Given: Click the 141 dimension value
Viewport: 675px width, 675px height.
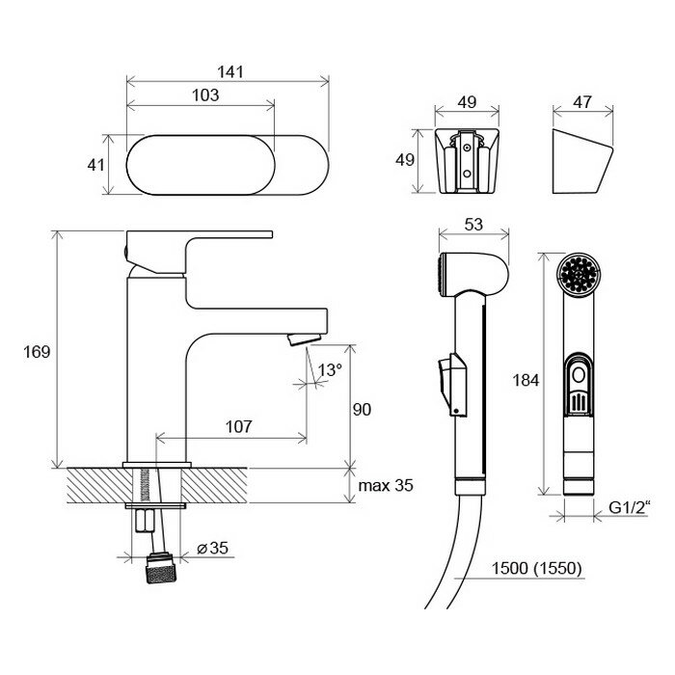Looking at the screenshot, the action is (x=229, y=72).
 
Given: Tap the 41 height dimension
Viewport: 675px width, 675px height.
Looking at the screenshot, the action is (x=95, y=165).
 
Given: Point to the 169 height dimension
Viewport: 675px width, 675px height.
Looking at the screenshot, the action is (x=37, y=351).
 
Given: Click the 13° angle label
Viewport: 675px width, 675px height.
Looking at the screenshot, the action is (x=331, y=369).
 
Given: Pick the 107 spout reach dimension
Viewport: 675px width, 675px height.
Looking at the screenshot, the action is (x=240, y=426).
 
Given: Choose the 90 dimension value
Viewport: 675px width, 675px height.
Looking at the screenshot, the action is (x=362, y=409).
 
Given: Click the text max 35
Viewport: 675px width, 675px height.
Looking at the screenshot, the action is (x=386, y=485).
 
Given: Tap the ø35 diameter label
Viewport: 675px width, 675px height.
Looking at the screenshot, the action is (x=211, y=548).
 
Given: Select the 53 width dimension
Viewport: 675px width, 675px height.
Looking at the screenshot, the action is (x=474, y=225).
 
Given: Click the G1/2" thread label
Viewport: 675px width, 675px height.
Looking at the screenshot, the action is (x=632, y=504).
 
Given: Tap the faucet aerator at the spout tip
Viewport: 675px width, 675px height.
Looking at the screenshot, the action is (x=302, y=338).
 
